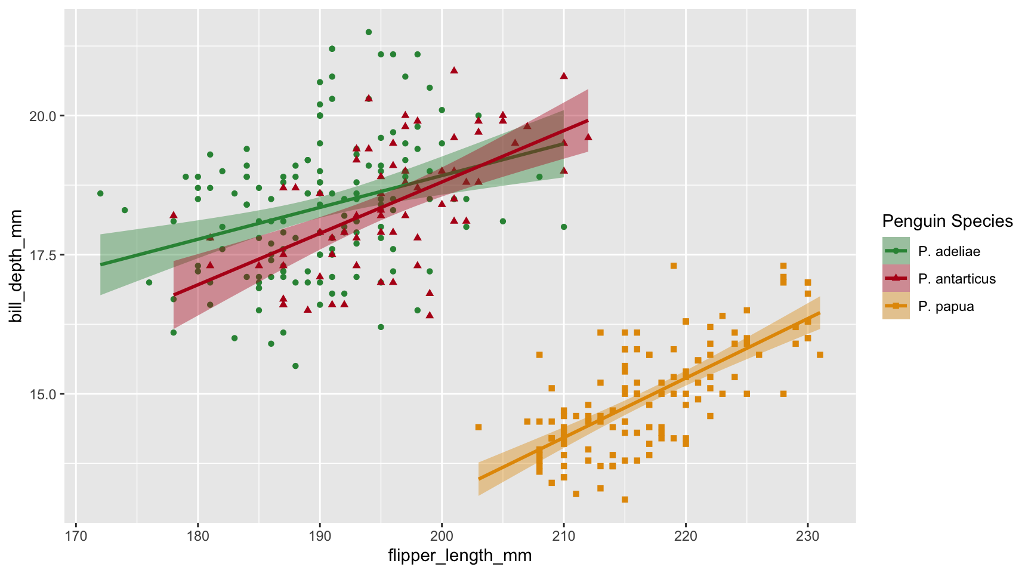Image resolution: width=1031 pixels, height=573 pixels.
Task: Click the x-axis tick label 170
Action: pyautogui.click(x=76, y=533)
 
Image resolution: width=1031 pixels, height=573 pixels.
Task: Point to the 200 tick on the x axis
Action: pyautogui.click(x=442, y=533)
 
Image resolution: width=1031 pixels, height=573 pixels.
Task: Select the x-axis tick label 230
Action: pyautogui.click(x=808, y=533)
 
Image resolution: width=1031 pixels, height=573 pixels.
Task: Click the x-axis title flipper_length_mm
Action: pyautogui.click(x=459, y=556)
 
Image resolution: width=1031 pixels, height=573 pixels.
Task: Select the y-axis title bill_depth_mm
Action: pyautogui.click(x=17, y=266)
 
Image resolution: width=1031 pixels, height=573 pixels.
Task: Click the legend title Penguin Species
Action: pyautogui.click(x=947, y=221)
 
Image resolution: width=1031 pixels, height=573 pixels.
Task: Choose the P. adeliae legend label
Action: pyautogui.click(x=949, y=251)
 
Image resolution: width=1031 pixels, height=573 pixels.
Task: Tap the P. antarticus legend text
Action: pyautogui.click(x=957, y=279)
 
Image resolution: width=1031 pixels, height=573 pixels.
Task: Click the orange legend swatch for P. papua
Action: pyautogui.click(x=896, y=306)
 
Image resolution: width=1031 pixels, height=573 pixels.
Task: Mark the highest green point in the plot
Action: pyautogui.click(x=369, y=32)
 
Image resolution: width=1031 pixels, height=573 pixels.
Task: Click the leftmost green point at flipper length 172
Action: pyautogui.click(x=100, y=193)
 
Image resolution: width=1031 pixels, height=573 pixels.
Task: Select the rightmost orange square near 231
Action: pyautogui.click(x=820, y=355)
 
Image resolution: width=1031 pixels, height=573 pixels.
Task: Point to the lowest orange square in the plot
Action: pyautogui.click(x=625, y=500)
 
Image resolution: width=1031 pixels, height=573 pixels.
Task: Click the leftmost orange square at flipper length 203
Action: pyautogui.click(x=479, y=427)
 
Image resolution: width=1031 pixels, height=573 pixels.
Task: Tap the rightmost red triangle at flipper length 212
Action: pyautogui.click(x=588, y=137)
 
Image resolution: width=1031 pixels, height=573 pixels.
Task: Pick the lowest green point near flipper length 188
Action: pyautogui.click(x=295, y=366)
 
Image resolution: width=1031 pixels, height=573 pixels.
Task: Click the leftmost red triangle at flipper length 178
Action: pyautogui.click(x=174, y=215)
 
